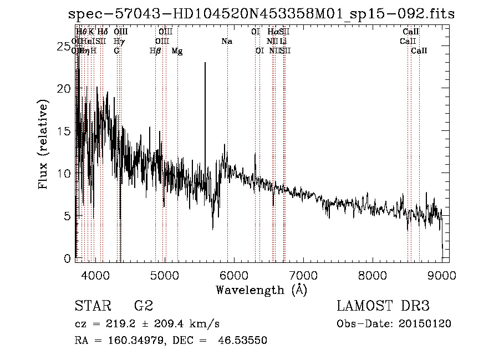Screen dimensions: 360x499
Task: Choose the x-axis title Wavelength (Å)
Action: click(x=261, y=290)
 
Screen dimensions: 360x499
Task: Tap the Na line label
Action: click(x=226, y=41)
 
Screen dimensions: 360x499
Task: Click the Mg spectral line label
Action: click(x=177, y=51)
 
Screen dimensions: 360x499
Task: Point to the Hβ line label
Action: click(x=155, y=51)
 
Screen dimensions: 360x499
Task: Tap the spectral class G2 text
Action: click(x=143, y=306)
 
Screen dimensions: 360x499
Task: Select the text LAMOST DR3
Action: click(x=383, y=306)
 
